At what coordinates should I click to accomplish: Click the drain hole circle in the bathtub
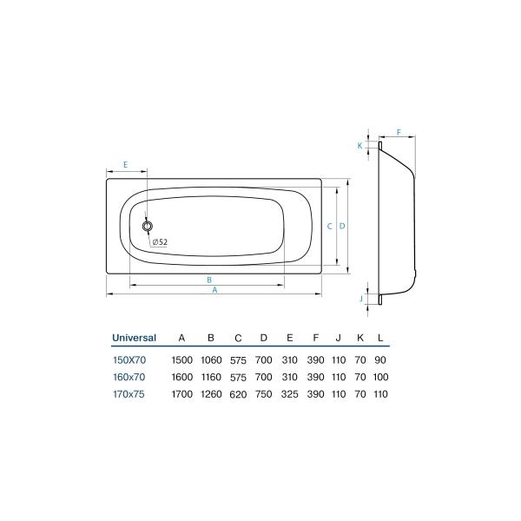(x=148, y=226)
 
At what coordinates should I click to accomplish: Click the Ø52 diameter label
(x=159, y=241)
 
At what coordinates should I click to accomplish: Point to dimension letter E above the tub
(x=126, y=164)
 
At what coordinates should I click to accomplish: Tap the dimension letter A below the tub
(x=214, y=291)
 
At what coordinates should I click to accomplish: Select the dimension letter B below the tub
(x=209, y=279)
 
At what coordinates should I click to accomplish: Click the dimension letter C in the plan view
(x=329, y=226)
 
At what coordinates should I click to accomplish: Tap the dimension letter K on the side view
(x=359, y=146)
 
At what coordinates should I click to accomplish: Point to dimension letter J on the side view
(x=360, y=298)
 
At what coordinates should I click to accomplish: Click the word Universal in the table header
(x=134, y=338)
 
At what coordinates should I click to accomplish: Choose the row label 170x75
(x=129, y=394)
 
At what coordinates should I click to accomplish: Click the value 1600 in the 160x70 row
(x=181, y=377)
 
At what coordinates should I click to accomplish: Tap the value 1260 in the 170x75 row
(x=211, y=394)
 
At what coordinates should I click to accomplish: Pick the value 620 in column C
(x=238, y=394)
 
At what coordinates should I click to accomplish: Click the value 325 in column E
(x=290, y=394)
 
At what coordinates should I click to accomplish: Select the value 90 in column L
(x=380, y=359)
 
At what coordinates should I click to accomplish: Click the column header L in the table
(x=380, y=338)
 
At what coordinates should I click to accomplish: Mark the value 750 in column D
(x=264, y=394)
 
